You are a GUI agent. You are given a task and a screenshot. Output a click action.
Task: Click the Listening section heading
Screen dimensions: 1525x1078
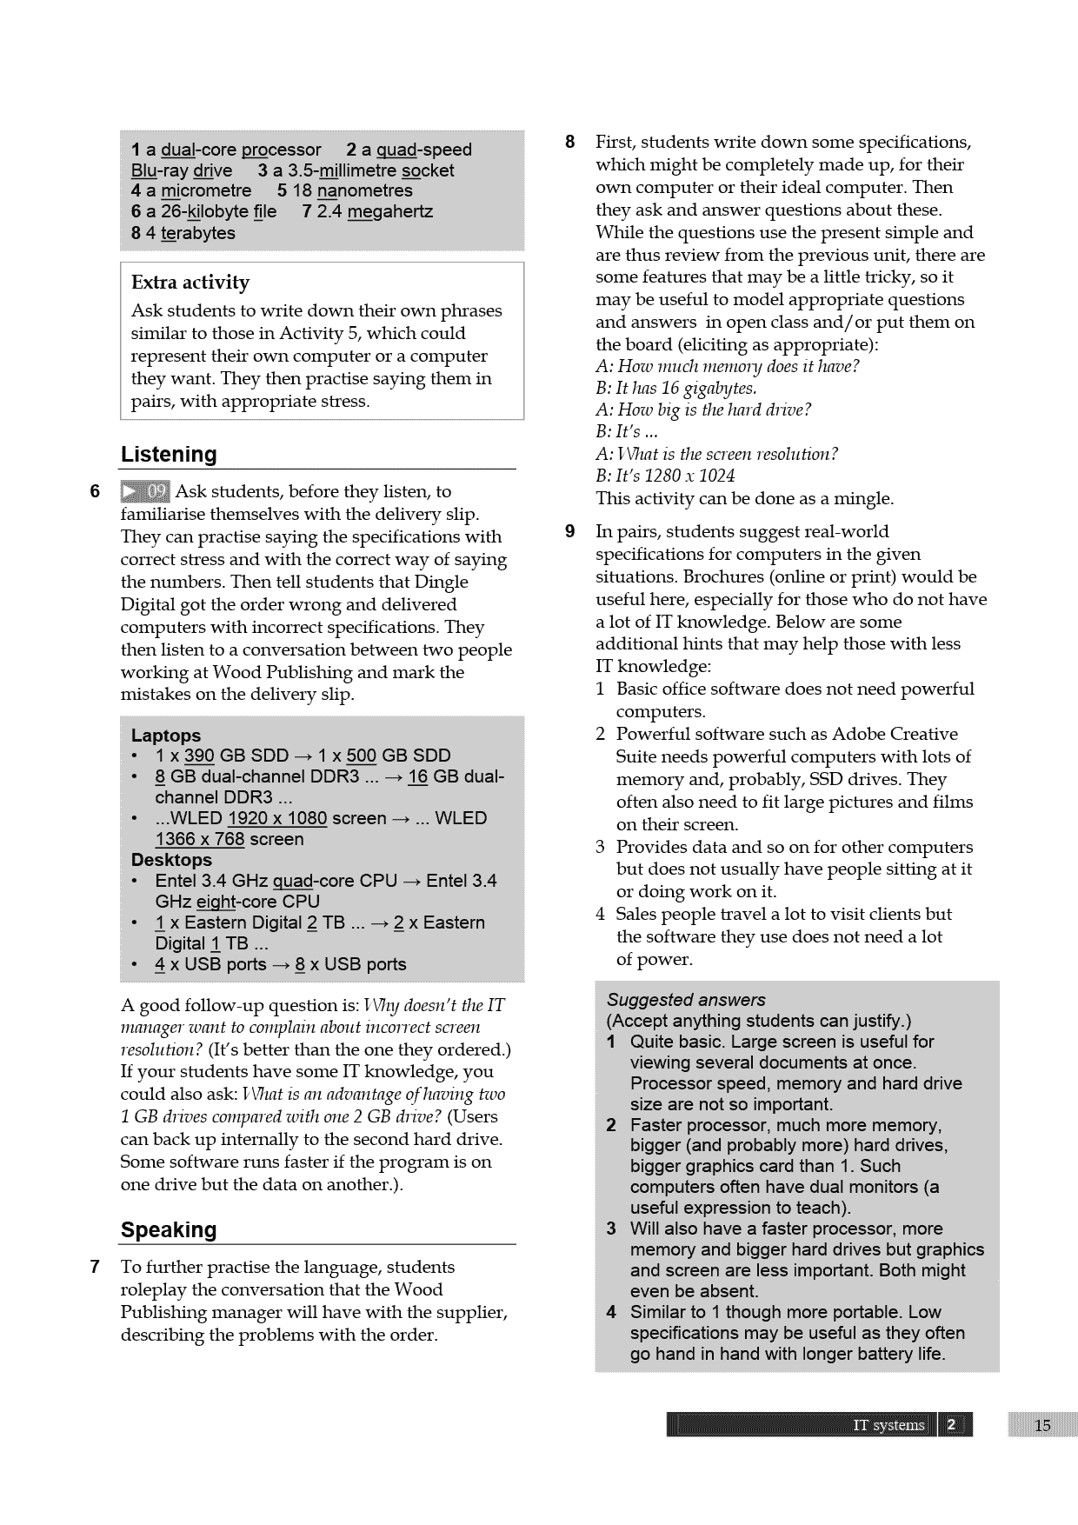(x=169, y=455)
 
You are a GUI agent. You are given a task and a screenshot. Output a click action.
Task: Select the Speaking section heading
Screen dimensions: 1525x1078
(x=169, y=1230)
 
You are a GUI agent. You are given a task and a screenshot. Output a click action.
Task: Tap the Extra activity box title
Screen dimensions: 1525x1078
(x=190, y=283)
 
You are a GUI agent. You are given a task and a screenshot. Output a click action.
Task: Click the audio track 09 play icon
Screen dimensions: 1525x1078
(x=145, y=492)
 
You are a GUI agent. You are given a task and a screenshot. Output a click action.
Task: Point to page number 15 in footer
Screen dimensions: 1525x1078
(x=1042, y=1425)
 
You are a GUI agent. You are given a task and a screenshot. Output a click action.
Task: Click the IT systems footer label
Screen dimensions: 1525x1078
(x=888, y=1425)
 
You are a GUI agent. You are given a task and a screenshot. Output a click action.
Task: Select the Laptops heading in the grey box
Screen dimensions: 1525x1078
(x=166, y=736)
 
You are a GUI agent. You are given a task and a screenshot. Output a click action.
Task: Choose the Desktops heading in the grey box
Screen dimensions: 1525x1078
(x=171, y=860)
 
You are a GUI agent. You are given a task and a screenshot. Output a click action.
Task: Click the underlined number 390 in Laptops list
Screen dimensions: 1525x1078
(x=199, y=756)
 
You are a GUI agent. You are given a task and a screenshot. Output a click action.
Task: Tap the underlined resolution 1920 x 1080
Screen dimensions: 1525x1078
(x=276, y=818)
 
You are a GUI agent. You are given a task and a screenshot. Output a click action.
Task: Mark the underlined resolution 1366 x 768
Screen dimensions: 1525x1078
(x=199, y=839)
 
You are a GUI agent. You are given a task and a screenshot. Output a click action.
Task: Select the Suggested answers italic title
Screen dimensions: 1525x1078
(x=686, y=1000)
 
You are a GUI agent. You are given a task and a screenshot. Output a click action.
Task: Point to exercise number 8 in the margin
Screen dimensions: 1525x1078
(x=570, y=142)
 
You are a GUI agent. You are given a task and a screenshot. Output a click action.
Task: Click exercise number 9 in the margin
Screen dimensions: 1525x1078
(x=570, y=531)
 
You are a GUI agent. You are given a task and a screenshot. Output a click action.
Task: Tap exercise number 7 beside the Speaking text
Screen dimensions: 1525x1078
(x=96, y=1267)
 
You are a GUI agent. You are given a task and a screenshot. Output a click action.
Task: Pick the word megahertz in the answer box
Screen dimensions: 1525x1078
(x=389, y=211)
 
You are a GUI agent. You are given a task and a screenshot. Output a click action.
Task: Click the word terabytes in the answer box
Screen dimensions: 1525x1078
(x=197, y=233)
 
